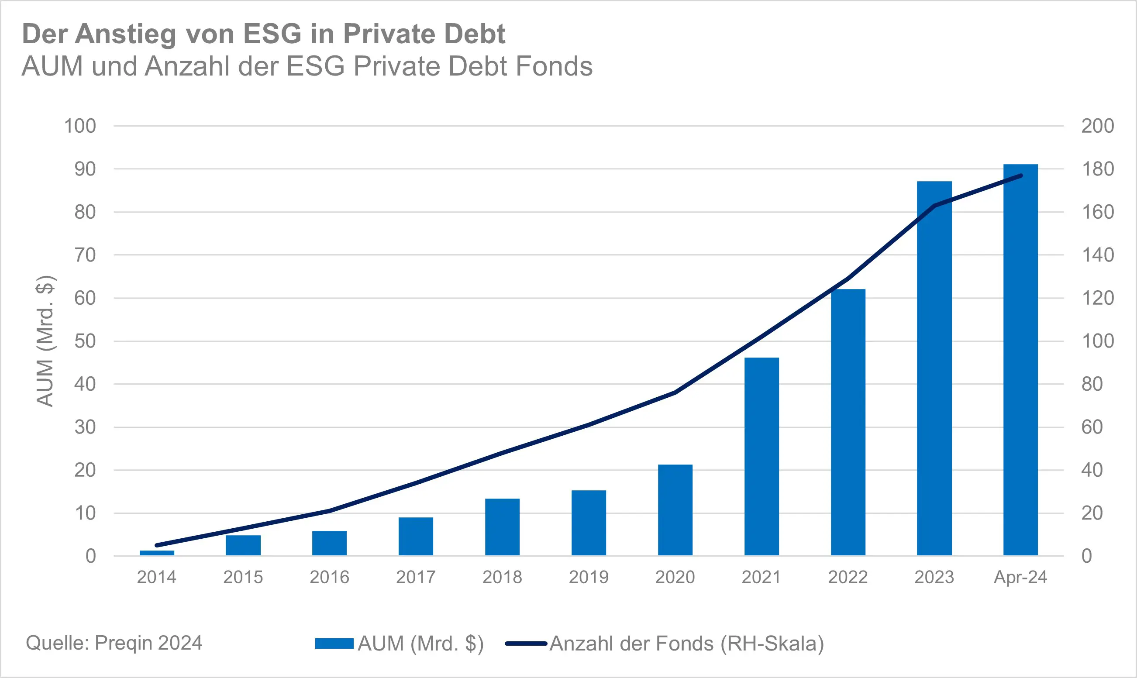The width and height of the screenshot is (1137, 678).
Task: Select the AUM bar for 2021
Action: tap(761, 456)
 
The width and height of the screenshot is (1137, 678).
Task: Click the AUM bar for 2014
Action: tap(157, 553)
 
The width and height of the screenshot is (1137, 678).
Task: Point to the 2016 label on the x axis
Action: tap(329, 577)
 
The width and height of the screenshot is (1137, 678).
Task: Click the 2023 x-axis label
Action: tap(934, 577)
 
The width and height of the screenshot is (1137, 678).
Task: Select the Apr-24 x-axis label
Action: tap(1020, 577)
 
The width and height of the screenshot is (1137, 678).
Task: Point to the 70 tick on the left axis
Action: tap(85, 255)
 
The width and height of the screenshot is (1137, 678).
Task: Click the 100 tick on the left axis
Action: tap(80, 126)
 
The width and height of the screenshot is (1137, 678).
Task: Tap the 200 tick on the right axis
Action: tap(1097, 126)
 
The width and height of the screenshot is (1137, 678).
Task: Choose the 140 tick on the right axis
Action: tap(1097, 255)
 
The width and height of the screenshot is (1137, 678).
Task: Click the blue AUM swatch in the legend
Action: tap(334, 643)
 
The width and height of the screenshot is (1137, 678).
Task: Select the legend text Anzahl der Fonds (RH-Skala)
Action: tap(686, 643)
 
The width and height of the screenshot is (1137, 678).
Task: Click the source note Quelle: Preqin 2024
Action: tap(114, 643)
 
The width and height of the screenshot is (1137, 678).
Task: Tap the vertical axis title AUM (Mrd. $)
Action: tap(45, 341)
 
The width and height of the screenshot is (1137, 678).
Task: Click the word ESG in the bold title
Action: tap(272, 34)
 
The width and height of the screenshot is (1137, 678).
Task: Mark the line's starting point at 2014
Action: tap(157, 545)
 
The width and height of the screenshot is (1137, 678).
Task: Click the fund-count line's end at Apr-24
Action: tap(1021, 176)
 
